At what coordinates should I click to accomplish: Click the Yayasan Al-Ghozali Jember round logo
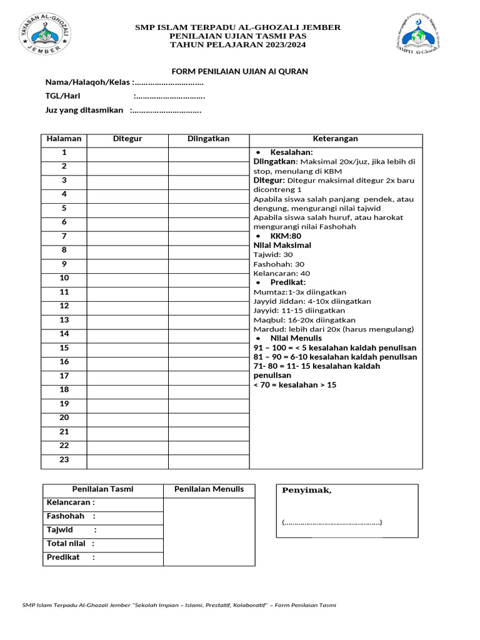(42, 33)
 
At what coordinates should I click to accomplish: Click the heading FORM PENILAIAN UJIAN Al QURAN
(240, 71)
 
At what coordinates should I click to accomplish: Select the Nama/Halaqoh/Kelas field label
(87, 83)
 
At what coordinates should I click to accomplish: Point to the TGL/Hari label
(62, 96)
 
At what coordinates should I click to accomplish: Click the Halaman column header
(64, 139)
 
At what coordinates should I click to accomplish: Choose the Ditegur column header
(127, 139)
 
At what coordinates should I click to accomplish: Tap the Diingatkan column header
(209, 139)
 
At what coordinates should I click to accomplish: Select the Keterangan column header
(336, 139)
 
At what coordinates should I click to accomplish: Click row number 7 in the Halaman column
(64, 236)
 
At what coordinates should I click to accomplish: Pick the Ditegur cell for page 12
(127, 306)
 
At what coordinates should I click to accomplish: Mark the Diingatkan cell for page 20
(209, 417)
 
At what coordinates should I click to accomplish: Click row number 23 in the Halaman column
(64, 460)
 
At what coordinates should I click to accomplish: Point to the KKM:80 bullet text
(286, 236)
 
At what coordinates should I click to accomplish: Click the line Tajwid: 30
(273, 255)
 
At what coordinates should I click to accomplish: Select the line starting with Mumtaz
(300, 292)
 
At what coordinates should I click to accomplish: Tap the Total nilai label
(66, 544)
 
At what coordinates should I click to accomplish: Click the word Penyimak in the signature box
(307, 491)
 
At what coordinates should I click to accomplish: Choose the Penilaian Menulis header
(209, 489)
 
